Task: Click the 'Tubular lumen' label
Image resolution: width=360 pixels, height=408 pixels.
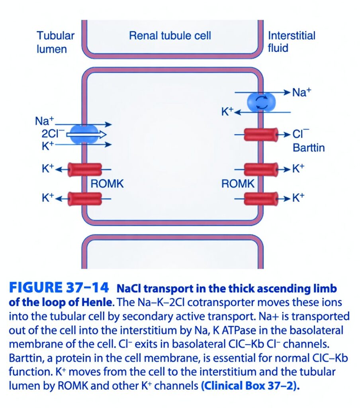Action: click(x=55, y=42)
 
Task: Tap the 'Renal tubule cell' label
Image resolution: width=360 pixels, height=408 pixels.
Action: click(x=170, y=35)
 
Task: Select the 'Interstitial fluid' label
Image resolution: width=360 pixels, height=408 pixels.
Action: click(x=292, y=41)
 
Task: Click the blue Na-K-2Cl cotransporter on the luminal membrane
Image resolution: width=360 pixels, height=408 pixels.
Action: click(x=84, y=134)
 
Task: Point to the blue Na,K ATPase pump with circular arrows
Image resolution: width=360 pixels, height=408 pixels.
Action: click(x=261, y=102)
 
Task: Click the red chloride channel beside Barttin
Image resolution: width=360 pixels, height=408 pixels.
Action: click(x=261, y=134)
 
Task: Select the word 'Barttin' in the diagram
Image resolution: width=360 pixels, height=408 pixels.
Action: click(x=309, y=148)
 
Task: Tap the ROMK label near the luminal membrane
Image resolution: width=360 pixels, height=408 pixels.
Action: click(x=107, y=184)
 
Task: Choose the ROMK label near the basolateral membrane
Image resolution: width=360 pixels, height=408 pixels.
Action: click(x=238, y=184)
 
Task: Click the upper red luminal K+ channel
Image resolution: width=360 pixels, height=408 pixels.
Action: click(x=85, y=170)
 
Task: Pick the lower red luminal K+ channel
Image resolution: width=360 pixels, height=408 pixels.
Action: click(x=85, y=199)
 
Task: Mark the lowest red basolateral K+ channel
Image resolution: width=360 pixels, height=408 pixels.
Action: click(x=261, y=199)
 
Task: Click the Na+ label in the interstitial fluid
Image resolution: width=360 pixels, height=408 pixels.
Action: click(x=301, y=92)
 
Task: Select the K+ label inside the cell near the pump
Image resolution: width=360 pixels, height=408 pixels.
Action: click(x=228, y=112)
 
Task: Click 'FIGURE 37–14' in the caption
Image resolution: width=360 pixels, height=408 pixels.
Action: click(x=59, y=288)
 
